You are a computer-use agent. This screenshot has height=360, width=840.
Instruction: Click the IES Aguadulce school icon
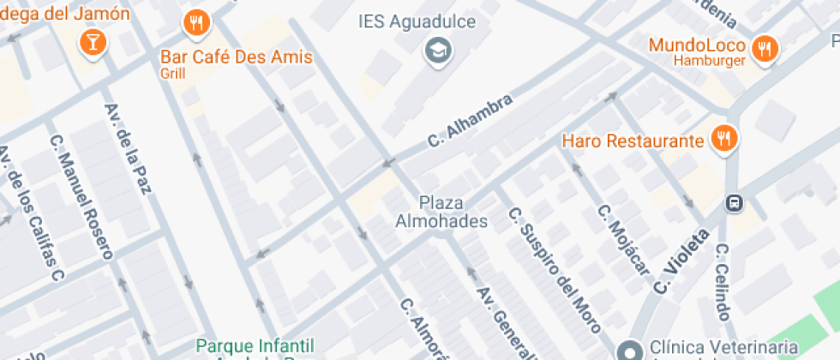439,50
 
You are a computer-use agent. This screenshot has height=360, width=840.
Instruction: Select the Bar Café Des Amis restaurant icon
197,23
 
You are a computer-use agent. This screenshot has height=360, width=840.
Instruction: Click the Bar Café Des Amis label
237,58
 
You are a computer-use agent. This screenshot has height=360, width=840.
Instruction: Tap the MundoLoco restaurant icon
764,49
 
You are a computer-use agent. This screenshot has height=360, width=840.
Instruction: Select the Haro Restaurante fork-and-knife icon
724,139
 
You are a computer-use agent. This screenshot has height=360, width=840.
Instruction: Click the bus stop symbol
734,203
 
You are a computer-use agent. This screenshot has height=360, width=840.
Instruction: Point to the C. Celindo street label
726,282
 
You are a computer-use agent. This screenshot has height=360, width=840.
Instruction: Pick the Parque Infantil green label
255,345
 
